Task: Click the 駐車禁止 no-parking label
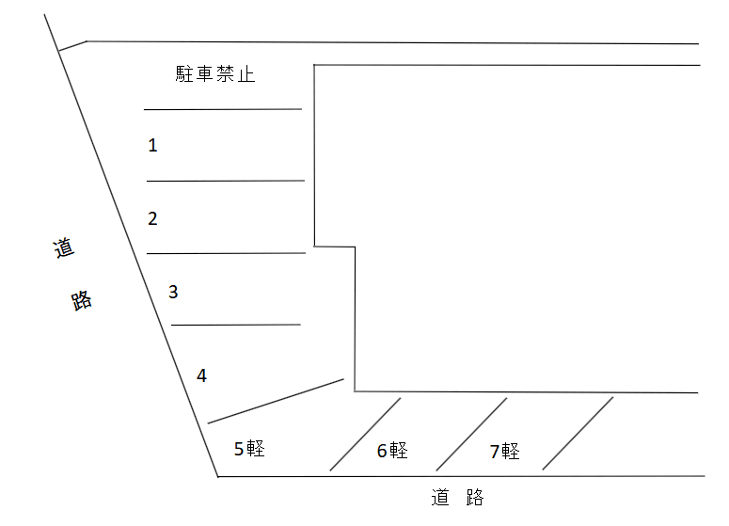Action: (x=215, y=75)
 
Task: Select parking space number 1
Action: (x=152, y=146)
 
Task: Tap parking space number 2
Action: (x=152, y=219)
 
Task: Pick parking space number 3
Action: (x=173, y=292)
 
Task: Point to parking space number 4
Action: (x=201, y=375)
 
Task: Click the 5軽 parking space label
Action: (x=249, y=449)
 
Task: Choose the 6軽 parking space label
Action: (x=392, y=451)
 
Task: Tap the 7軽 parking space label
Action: (x=504, y=451)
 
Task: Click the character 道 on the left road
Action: (x=63, y=250)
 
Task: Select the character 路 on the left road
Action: (x=82, y=301)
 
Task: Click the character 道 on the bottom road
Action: (x=440, y=497)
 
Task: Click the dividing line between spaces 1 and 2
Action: (x=226, y=181)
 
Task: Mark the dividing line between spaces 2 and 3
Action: (x=226, y=253)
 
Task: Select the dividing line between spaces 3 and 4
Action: (x=235, y=325)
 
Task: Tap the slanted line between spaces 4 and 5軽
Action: (x=276, y=402)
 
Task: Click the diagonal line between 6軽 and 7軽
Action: (x=471, y=434)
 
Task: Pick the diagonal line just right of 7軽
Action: (x=578, y=434)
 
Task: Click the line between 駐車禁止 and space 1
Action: (x=223, y=109)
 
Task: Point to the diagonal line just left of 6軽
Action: (x=365, y=434)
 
